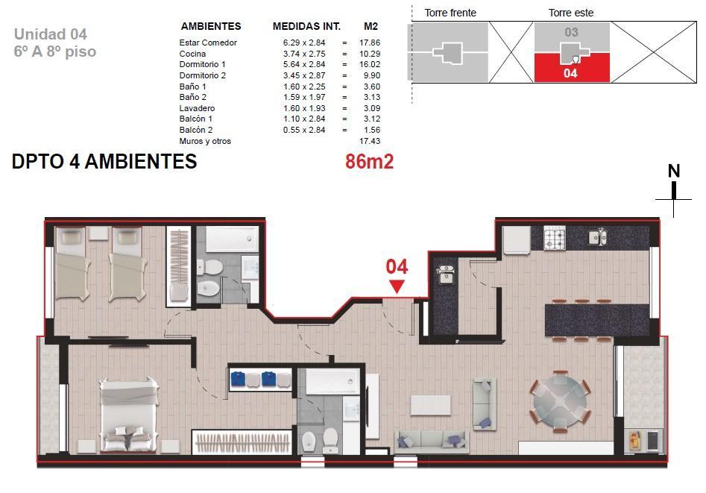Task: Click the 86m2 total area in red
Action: click(x=369, y=161)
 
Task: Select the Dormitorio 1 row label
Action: click(x=202, y=64)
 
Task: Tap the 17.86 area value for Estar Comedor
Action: click(x=370, y=43)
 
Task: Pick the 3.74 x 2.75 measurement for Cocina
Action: click(x=304, y=54)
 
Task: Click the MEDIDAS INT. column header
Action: click(x=306, y=26)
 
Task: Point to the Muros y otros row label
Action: click(x=205, y=141)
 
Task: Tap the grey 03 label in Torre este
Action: click(x=571, y=33)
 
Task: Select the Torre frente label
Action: click(x=450, y=13)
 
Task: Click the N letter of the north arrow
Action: click(x=674, y=172)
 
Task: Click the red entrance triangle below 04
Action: click(x=397, y=286)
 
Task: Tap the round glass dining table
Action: click(x=560, y=401)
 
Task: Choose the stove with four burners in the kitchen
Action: click(x=554, y=238)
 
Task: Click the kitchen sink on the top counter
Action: click(x=598, y=237)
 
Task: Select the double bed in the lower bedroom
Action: click(x=129, y=415)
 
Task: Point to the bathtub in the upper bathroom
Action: click(x=232, y=239)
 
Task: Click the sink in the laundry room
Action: click(x=446, y=274)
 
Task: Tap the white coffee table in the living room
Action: click(x=430, y=405)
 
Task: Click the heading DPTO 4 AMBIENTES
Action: click(x=104, y=161)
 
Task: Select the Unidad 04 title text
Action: click(x=51, y=34)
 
